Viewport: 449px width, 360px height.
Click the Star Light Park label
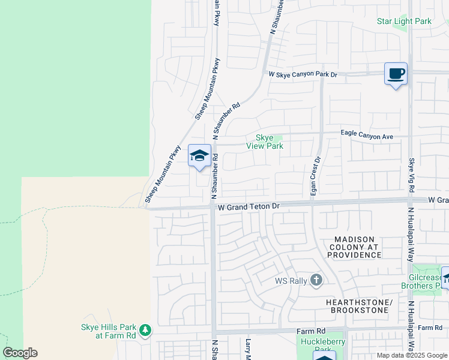tap(404, 22)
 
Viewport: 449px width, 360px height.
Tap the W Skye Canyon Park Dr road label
tap(303, 75)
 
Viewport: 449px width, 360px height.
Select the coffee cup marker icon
tap(395, 74)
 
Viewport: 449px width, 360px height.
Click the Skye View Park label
tap(265, 142)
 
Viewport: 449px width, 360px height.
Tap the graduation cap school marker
tap(199, 156)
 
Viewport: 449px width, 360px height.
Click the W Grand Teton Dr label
tap(249, 206)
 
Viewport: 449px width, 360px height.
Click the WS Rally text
tap(291, 280)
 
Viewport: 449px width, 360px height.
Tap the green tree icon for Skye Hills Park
tap(145, 330)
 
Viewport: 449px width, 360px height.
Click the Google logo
tap(20, 353)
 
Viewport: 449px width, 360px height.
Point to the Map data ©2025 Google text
tap(412, 355)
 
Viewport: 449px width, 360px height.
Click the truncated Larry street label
tap(247, 349)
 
